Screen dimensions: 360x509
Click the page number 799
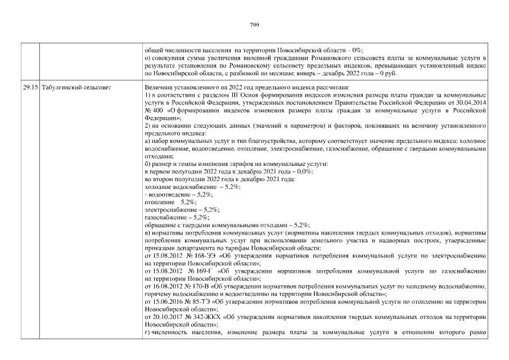pos(254,25)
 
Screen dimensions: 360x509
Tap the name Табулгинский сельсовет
pos(76,88)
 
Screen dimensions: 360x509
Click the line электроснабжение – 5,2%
pos(174,209)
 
